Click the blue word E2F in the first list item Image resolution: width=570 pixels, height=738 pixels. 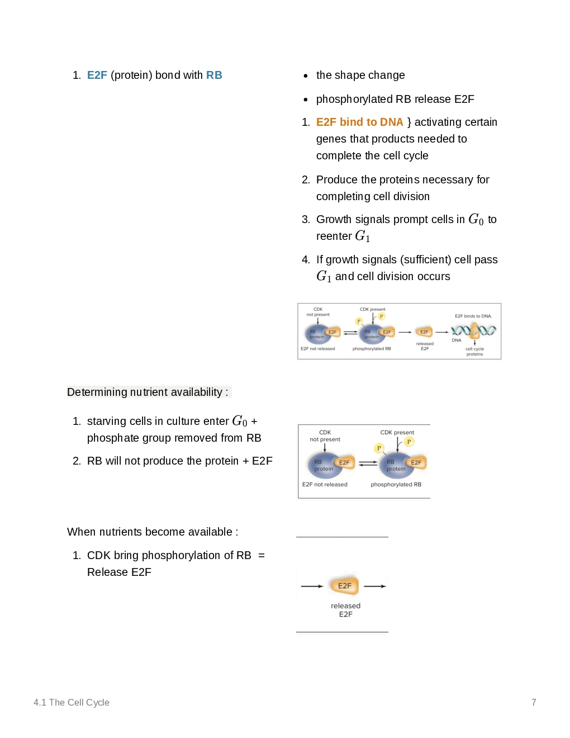tap(97, 75)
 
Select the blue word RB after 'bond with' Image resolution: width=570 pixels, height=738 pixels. tap(214, 75)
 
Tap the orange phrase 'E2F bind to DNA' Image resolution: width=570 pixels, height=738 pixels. tap(359, 122)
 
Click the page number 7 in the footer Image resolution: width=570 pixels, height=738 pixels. tap(534, 702)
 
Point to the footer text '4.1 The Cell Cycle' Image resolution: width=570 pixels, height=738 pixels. tap(72, 702)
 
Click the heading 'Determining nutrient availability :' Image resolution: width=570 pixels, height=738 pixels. tap(148, 392)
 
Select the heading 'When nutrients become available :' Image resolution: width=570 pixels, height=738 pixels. tap(153, 532)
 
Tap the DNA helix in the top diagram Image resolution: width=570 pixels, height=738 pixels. tap(474, 330)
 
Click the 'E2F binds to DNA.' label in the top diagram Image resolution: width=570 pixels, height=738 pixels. tap(473, 316)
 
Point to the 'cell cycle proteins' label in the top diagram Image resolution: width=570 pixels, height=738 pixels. tap(474, 351)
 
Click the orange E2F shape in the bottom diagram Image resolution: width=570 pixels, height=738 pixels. tap(344, 585)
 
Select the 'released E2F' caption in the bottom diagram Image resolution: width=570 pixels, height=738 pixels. tap(345, 610)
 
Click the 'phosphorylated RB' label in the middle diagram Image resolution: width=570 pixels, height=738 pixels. tap(396, 484)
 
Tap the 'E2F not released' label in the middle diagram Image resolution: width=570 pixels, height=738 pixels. tap(325, 484)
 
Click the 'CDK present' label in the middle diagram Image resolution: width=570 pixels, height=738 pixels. tap(397, 432)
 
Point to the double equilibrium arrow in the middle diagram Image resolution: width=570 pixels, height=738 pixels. tap(368, 463)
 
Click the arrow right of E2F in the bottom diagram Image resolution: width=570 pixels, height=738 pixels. tap(375, 586)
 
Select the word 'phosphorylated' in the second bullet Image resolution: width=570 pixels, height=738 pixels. tap(354, 99)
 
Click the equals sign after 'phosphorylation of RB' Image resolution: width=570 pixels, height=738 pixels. tap(262, 555)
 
